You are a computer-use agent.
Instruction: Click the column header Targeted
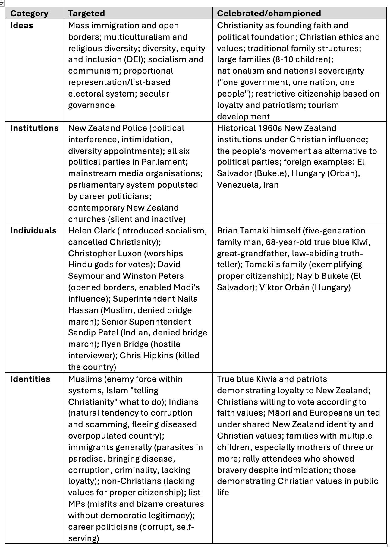click(86, 14)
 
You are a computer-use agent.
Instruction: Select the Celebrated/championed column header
click(269, 14)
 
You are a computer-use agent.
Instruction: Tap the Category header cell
click(29, 14)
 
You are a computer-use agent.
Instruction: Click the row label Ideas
click(22, 26)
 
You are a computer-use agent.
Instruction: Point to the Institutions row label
click(34, 128)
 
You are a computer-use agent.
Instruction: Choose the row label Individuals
click(33, 231)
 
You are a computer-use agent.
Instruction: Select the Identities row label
click(30, 379)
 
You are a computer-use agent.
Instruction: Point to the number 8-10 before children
click(285, 59)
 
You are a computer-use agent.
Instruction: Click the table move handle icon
click(2, 3)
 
